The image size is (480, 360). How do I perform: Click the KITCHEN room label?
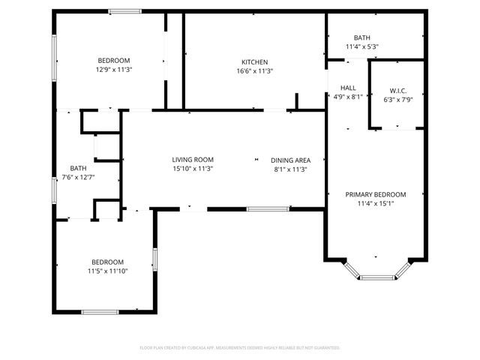tap(254, 62)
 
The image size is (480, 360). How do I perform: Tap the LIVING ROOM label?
tap(193, 160)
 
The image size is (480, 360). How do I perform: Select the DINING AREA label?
tap(290, 160)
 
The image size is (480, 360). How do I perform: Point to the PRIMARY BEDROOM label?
tap(375, 194)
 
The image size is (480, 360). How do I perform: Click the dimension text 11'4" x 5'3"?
tap(362, 46)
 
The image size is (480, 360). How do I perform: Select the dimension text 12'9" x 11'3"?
tap(114, 70)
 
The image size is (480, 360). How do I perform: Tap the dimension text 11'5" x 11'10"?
tap(107, 271)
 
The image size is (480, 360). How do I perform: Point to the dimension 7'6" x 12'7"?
tap(78, 177)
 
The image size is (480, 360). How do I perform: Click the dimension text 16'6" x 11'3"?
tap(254, 71)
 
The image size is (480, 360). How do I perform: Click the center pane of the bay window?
tap(376, 277)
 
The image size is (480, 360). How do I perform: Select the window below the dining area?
tap(268, 208)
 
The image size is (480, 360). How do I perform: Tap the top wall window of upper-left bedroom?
tap(124, 11)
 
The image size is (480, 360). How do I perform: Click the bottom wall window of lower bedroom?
tap(100, 312)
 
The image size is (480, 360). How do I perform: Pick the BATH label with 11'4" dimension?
tap(362, 37)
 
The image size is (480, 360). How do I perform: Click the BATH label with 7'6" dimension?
tap(78, 168)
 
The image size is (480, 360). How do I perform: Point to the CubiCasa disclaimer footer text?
tap(240, 348)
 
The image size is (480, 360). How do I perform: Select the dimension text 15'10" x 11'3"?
tap(193, 169)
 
